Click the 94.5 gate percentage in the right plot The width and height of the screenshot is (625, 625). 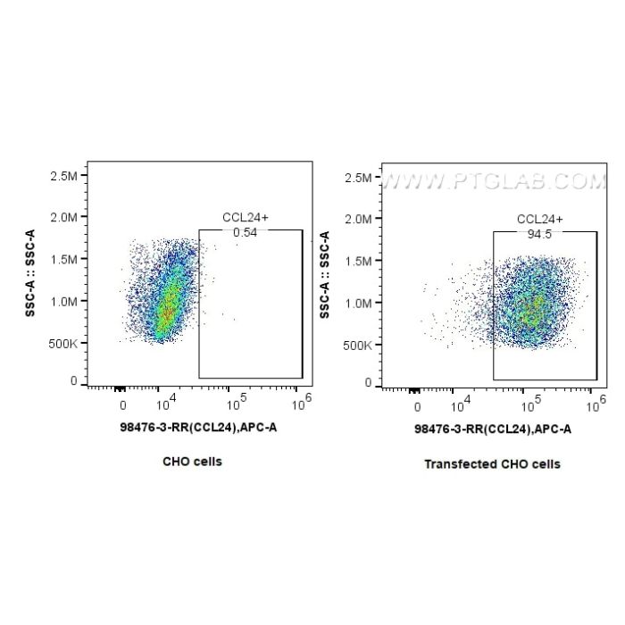tap(535, 233)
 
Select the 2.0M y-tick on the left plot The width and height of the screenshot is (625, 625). tap(66, 217)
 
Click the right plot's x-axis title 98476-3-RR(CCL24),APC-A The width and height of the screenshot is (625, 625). tap(493, 429)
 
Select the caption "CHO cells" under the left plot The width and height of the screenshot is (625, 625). tap(192, 462)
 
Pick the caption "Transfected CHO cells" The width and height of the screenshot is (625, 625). tap(492, 464)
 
